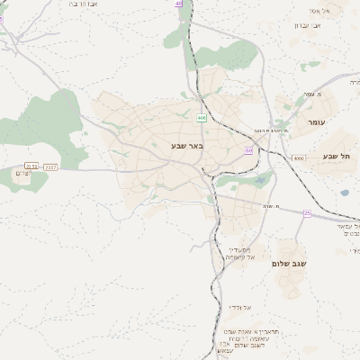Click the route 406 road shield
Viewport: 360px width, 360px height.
tap(201, 118)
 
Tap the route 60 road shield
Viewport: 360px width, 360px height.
tap(247, 150)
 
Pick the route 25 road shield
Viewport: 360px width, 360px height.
tap(307, 212)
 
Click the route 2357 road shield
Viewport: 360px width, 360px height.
tap(50, 166)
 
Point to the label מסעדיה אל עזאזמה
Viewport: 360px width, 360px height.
tap(238, 256)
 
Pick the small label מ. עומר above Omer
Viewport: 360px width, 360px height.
tap(312, 94)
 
